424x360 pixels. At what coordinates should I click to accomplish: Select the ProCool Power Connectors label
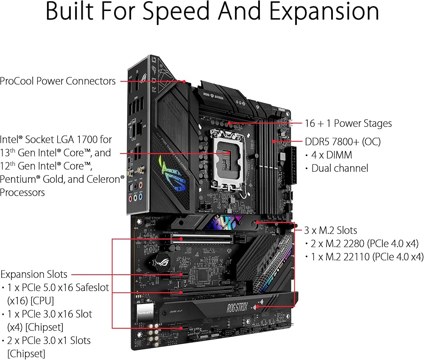[58, 81]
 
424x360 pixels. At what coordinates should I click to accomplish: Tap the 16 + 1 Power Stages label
[348, 123]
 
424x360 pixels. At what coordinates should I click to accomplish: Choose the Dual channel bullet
[340, 168]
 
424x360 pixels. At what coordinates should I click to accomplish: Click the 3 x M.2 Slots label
[331, 231]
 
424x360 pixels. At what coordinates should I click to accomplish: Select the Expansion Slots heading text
[34, 274]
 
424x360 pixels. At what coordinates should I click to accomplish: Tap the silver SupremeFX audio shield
[146, 312]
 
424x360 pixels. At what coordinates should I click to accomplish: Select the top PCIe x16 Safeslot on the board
[202, 239]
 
